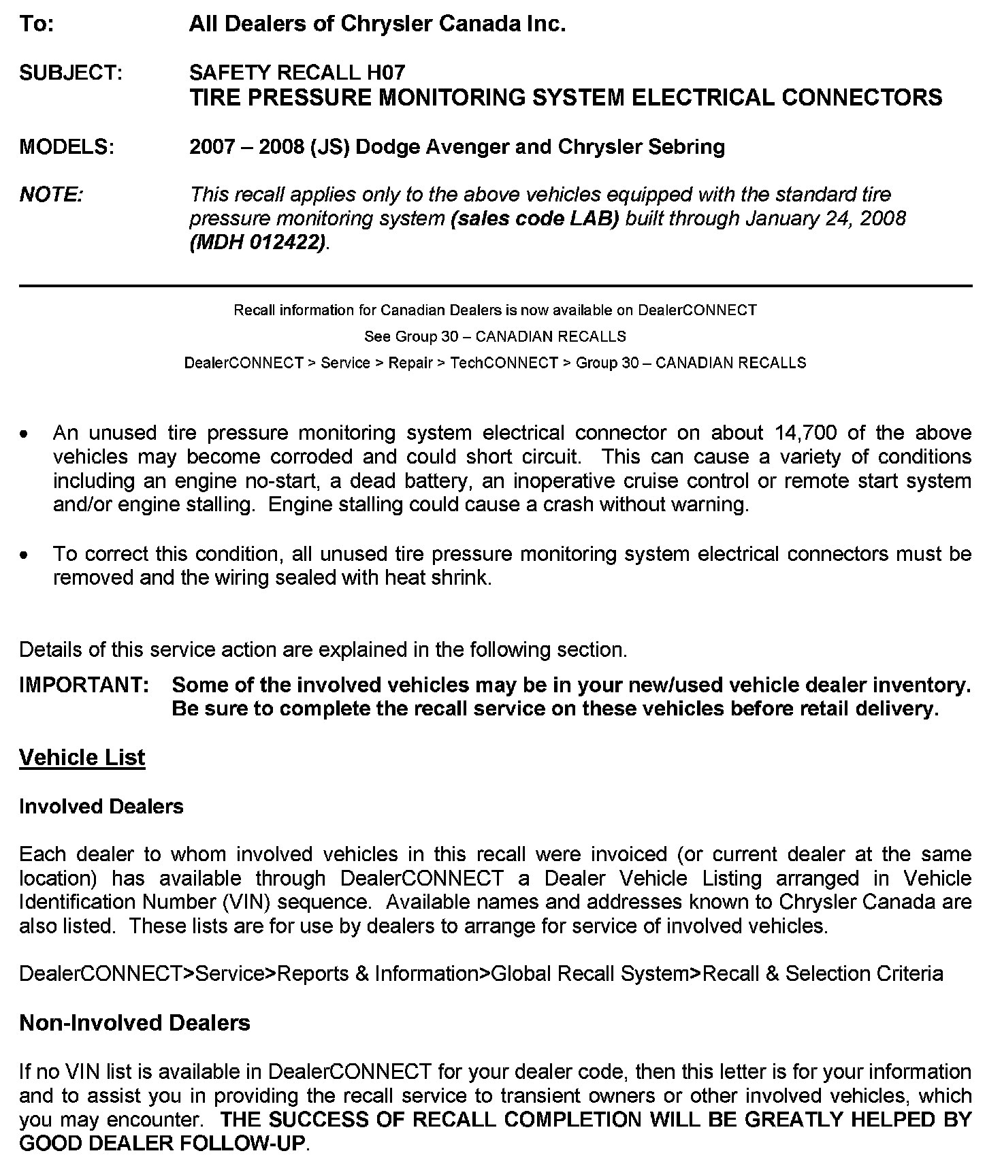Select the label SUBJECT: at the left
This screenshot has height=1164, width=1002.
click(71, 73)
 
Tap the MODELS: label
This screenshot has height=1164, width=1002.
click(67, 147)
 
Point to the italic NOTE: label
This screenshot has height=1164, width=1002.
click(52, 195)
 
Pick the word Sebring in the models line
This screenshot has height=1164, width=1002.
click(687, 147)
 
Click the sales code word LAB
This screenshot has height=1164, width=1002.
click(595, 219)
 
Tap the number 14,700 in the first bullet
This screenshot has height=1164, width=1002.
click(808, 433)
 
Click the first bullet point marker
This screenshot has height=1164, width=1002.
click(25, 434)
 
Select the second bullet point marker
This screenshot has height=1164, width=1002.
click(25, 555)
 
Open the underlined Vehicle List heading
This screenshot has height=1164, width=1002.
click(82, 758)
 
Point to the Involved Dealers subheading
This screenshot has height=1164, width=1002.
click(101, 807)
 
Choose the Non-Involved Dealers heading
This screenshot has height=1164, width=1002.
click(135, 1023)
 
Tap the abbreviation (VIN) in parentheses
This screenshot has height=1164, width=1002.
click(247, 903)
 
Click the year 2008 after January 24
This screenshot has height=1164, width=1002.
click(881, 219)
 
